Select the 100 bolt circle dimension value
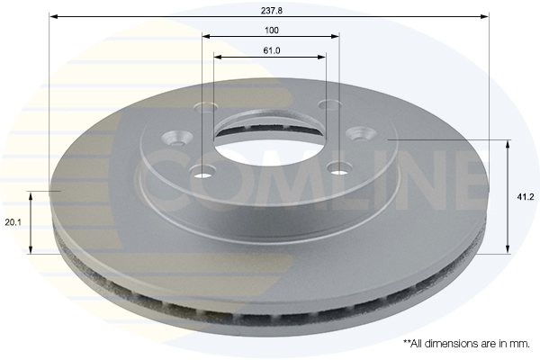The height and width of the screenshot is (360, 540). click(270, 30)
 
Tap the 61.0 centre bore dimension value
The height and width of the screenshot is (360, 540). click(271, 50)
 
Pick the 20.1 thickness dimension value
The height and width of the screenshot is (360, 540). click(12, 222)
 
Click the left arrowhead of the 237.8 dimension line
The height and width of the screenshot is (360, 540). click(53, 16)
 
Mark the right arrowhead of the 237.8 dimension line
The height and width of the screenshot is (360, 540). click(486, 16)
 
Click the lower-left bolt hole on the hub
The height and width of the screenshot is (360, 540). click(204, 171)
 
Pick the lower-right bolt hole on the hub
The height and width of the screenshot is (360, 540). click(338, 166)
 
